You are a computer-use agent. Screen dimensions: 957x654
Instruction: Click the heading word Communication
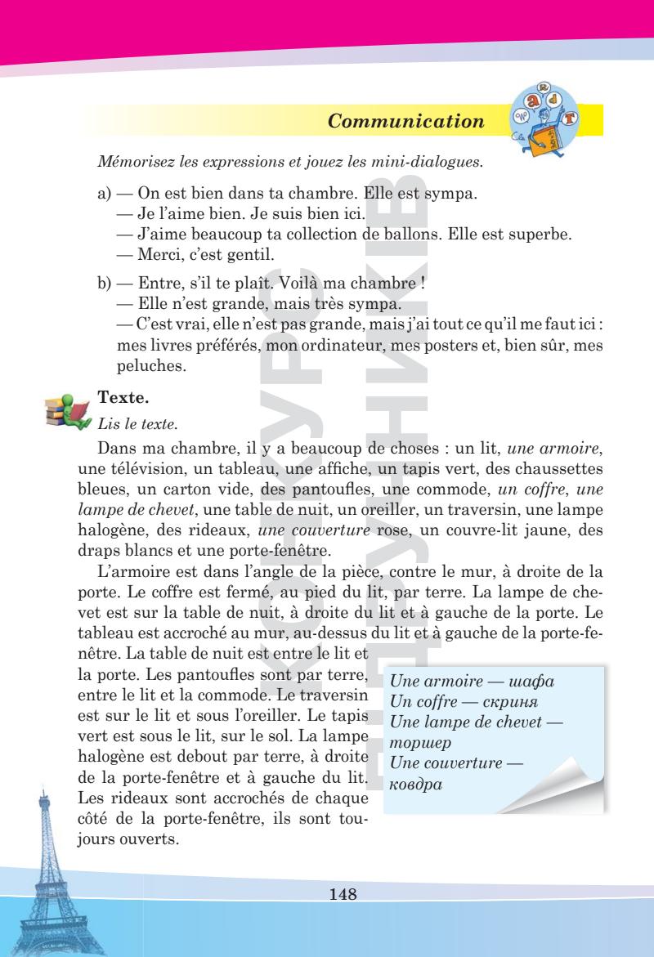point(405,123)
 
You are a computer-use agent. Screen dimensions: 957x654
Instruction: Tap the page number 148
point(343,893)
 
